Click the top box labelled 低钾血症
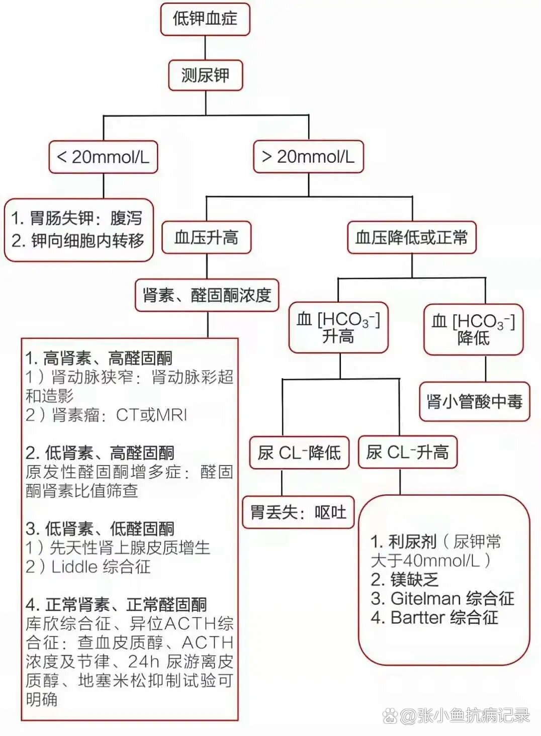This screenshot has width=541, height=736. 205,20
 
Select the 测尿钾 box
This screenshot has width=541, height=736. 206,75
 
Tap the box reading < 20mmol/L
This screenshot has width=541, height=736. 103,157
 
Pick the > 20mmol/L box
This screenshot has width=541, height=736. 308,157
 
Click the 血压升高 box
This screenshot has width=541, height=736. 206,237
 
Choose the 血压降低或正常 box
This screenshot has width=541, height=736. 411,237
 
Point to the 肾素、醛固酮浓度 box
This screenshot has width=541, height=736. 207,295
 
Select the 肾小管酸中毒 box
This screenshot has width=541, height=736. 475,402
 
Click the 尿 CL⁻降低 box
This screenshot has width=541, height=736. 299,452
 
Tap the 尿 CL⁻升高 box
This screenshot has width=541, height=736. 408,452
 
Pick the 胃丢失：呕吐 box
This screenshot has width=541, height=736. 299,512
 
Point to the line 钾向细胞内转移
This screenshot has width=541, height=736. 78,240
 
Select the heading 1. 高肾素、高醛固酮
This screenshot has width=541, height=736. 99,358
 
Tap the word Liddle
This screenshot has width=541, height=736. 74,567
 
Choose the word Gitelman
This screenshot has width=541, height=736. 426,598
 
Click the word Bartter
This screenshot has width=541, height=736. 418,617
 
